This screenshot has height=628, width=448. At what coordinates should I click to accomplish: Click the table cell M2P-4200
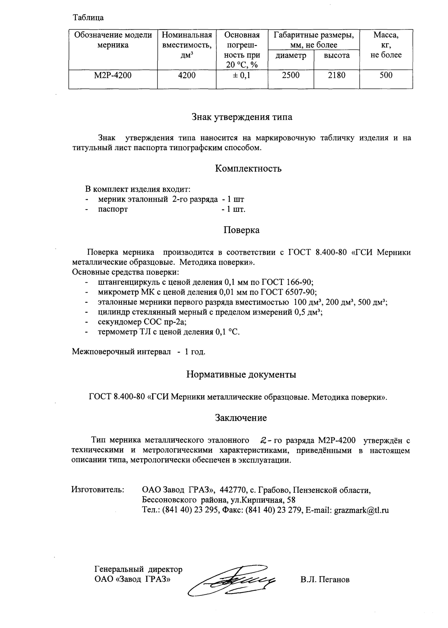[x=113, y=75]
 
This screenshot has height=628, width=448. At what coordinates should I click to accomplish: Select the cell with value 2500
[x=291, y=75]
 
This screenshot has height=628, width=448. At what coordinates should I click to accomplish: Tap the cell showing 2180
[x=336, y=75]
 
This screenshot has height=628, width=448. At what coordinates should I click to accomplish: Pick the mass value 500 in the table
[x=386, y=75]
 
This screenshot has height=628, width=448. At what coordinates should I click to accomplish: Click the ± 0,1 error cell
[x=242, y=75]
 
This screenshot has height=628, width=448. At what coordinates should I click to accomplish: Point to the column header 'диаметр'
[x=291, y=55]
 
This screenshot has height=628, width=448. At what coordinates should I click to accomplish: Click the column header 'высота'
[x=336, y=55]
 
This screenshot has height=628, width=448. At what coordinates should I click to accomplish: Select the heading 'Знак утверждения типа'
[x=242, y=117]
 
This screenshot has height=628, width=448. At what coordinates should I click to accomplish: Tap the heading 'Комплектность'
[x=248, y=168]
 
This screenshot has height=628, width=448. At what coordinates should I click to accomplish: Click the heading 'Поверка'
[x=241, y=230]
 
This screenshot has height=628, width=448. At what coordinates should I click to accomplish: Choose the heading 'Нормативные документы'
[x=241, y=375]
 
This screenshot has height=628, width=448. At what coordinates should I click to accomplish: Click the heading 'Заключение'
[x=241, y=418]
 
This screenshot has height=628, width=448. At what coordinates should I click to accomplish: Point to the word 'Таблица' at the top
[x=88, y=17]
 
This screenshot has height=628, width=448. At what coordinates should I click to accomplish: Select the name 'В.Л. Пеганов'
[x=324, y=579]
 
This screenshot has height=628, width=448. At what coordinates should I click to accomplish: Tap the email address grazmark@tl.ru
[x=361, y=510]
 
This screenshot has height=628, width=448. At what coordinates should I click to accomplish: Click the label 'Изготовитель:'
[x=98, y=490]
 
